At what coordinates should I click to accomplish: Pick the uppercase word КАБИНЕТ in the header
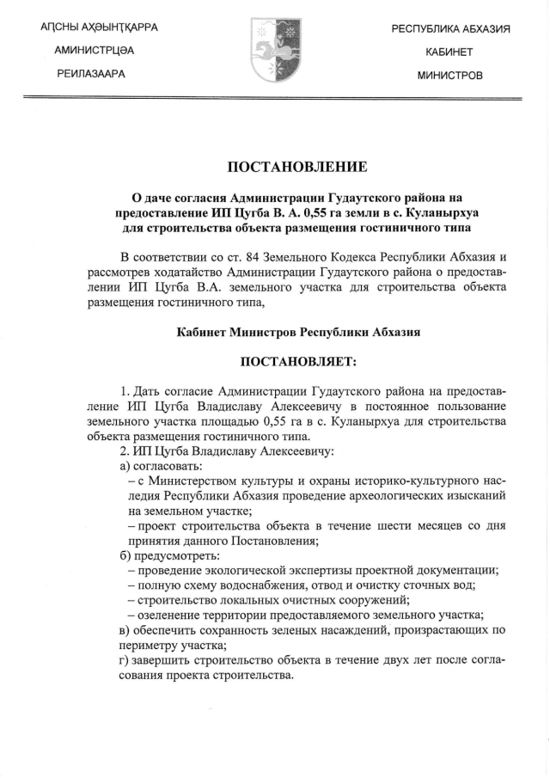(449, 52)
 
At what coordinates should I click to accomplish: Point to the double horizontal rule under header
(274, 100)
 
